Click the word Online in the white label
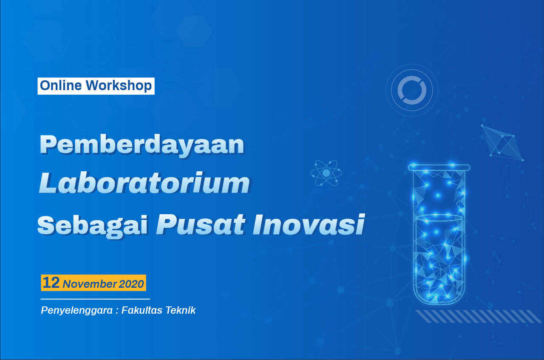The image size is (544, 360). pos(61,85)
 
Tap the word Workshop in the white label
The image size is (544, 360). pos(119,86)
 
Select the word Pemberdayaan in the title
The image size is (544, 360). pos(142,145)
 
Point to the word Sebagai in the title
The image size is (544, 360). pos(93,226)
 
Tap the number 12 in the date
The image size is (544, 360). pos(51,282)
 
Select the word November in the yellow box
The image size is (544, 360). pos(90,284)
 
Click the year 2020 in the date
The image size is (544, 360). pos(131,284)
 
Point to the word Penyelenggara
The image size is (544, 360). pos(77,310)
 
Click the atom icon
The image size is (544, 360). pos(326,173)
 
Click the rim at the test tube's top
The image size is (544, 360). pos(439,167)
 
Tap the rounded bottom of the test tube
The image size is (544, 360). pos(439,303)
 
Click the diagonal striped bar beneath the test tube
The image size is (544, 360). pos(479,316)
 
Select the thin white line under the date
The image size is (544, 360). pos(95,299)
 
